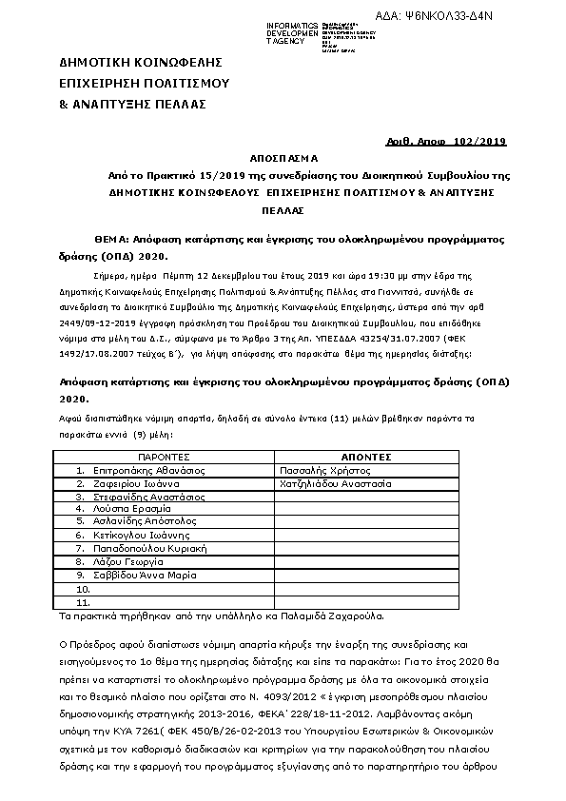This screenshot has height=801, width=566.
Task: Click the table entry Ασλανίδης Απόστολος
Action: pyautogui.click(x=139, y=522)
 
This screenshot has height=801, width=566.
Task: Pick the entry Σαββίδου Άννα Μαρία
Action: pyautogui.click(x=146, y=576)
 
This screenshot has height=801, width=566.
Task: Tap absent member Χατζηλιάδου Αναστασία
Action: pyautogui.click(x=336, y=483)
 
